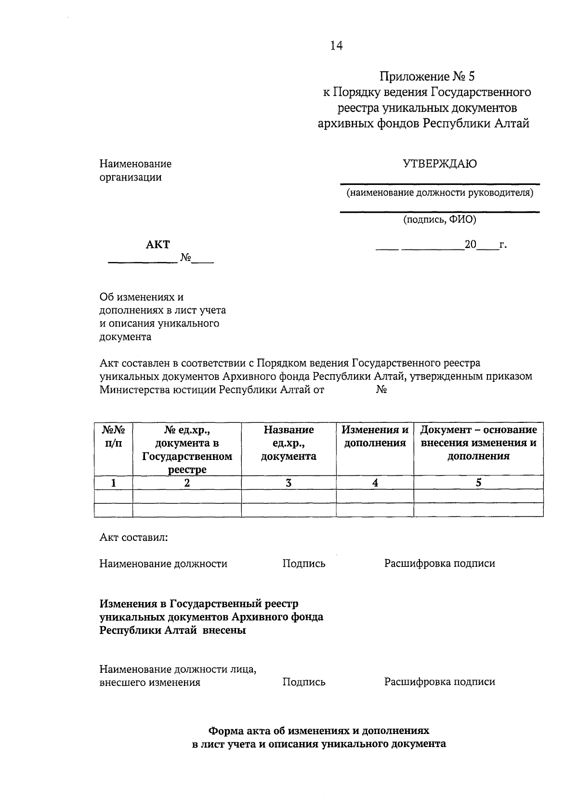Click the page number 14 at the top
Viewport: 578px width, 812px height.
point(336,46)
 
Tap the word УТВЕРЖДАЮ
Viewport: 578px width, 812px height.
point(440,164)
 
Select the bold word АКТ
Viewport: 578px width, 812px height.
point(158,245)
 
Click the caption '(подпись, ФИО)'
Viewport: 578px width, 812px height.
point(440,220)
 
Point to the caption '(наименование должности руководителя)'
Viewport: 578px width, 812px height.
point(440,193)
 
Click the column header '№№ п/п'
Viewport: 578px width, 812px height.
point(113,436)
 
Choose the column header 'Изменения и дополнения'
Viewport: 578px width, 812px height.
point(375,436)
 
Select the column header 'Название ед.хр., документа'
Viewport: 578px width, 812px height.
point(289,443)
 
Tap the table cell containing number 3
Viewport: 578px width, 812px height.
point(289,483)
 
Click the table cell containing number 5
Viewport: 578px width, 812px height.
point(478,483)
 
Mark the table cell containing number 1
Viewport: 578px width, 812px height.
point(113,483)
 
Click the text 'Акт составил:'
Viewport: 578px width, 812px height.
point(133,537)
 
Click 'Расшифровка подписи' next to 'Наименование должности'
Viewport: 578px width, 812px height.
point(439,563)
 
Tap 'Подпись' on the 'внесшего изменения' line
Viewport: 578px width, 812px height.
point(303,682)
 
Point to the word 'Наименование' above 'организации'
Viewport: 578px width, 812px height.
point(135,164)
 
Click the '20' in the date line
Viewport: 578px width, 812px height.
point(470,245)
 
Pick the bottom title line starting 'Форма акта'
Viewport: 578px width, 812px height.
point(318,731)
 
